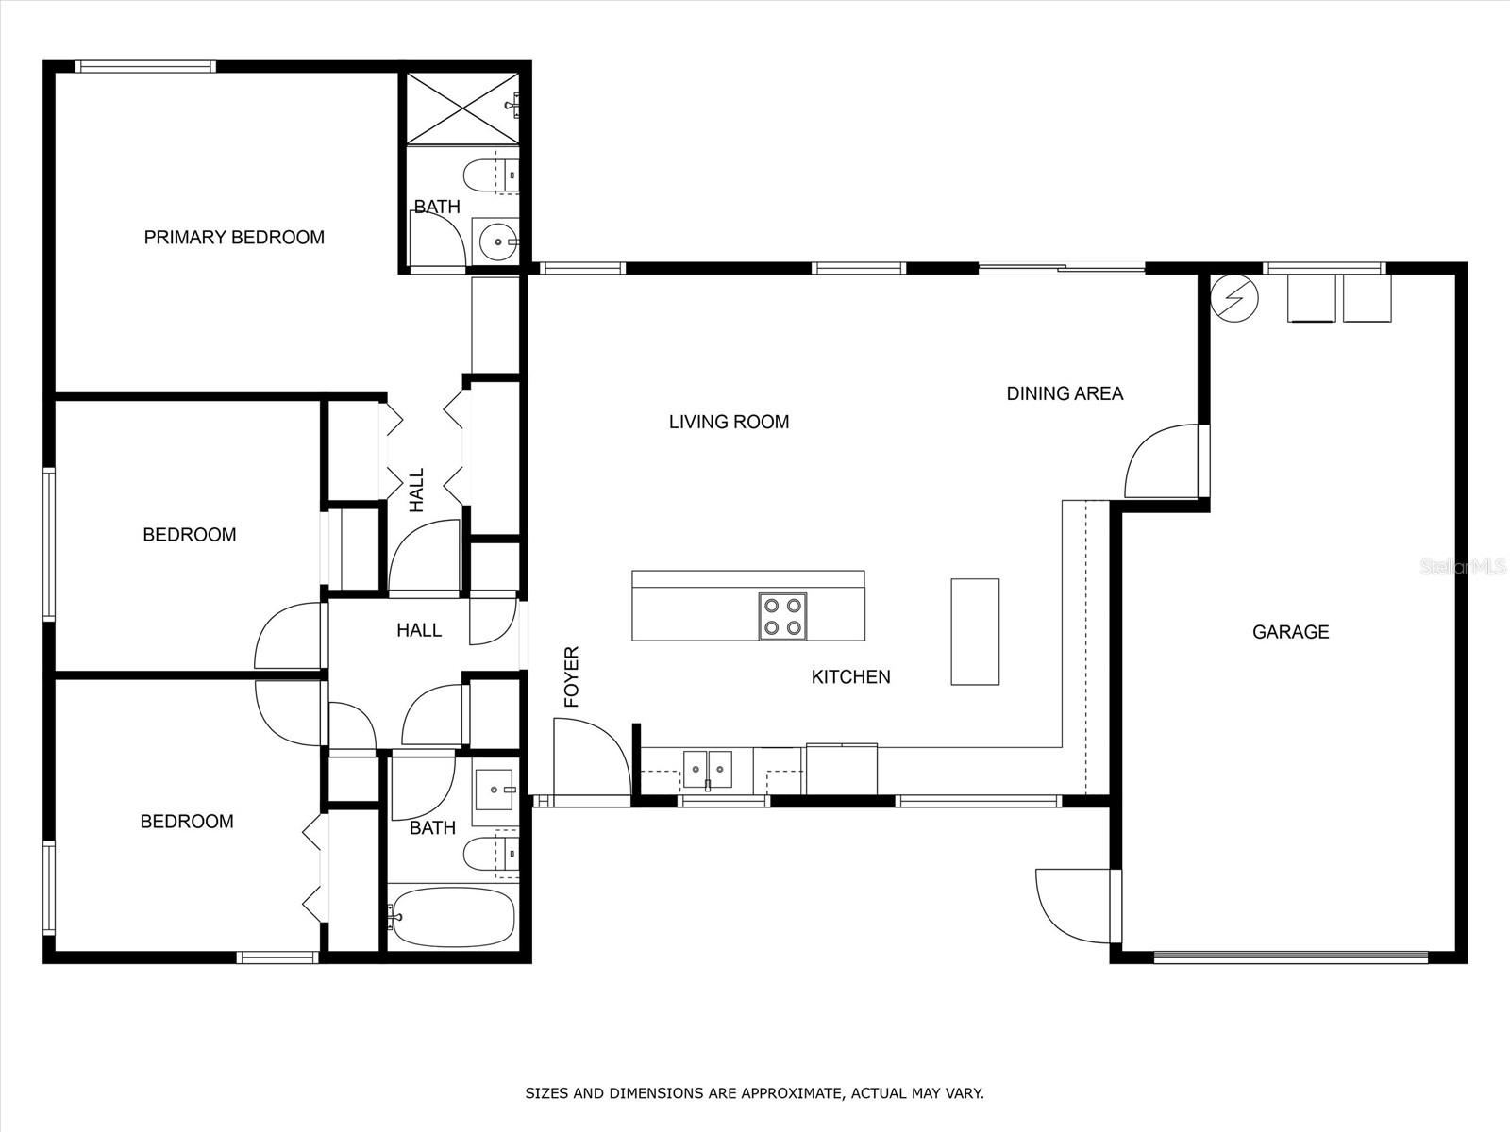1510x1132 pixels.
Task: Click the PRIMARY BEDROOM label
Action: tap(234, 237)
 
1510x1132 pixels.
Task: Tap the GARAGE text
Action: tap(1290, 632)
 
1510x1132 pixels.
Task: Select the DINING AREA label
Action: tap(1065, 393)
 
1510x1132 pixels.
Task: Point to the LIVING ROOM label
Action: tap(730, 422)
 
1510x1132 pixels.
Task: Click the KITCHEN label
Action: tap(851, 677)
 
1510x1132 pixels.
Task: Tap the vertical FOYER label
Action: tap(572, 677)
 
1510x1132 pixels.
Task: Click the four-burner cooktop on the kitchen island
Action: tap(783, 617)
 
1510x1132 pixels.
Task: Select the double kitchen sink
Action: tap(707, 769)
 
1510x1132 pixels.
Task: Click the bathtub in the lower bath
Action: tap(451, 917)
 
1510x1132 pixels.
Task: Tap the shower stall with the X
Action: tap(462, 108)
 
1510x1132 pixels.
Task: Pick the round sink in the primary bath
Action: tap(498, 241)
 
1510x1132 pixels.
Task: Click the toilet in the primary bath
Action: tap(491, 176)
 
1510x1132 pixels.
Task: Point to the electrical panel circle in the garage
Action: tap(1234, 298)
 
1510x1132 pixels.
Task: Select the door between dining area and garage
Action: tap(1163, 460)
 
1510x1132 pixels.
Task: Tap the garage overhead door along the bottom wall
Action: tap(1290, 956)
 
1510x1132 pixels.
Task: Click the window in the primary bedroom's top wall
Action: tap(145, 67)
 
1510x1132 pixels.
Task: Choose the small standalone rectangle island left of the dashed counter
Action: tap(975, 632)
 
